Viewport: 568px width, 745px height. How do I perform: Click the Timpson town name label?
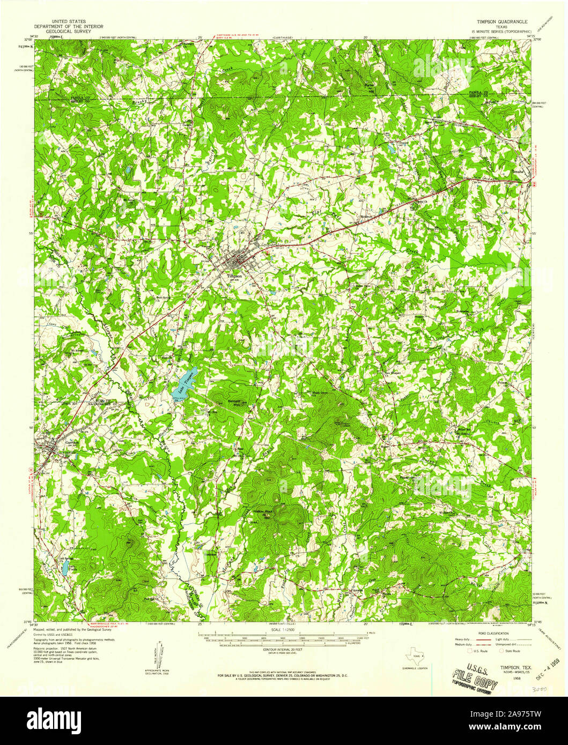point(234,277)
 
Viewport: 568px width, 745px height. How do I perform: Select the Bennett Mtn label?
point(232,403)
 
